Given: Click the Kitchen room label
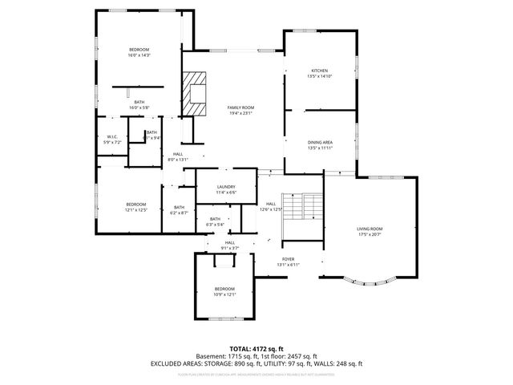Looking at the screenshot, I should (x=320, y=71).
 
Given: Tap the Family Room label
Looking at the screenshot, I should (x=240, y=107).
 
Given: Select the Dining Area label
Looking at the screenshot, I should (x=320, y=142).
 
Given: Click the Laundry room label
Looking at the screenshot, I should (x=226, y=186).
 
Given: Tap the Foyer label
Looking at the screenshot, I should (x=287, y=259).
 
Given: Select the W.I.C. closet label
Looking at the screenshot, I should (x=112, y=136).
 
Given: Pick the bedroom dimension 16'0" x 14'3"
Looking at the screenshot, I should (x=139, y=55).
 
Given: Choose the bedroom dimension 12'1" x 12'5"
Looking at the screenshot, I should (x=135, y=210).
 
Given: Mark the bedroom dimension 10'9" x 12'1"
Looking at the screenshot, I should (x=224, y=294).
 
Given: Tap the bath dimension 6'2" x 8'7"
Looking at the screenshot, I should (x=178, y=213).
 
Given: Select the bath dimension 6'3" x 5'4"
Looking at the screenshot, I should (x=215, y=225).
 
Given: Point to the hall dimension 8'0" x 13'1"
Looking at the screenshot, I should (x=177, y=160).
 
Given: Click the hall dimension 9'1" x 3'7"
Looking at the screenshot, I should (x=230, y=248).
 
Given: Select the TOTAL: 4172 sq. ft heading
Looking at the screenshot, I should (x=256, y=349).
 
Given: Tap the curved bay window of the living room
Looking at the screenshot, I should (x=370, y=280).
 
